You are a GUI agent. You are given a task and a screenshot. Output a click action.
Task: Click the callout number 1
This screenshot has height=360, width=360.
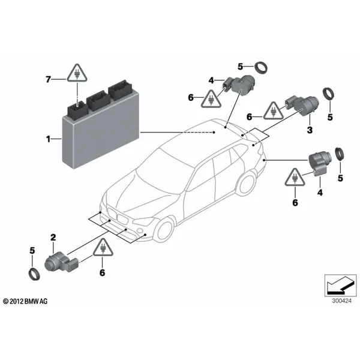click(x=48, y=139)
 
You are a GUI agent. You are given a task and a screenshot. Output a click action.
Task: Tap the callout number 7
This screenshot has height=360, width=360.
click(x=48, y=79)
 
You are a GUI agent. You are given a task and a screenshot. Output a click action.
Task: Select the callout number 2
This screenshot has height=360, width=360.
click(x=53, y=237)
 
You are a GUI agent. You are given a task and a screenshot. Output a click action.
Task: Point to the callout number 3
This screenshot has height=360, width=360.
click(x=310, y=130)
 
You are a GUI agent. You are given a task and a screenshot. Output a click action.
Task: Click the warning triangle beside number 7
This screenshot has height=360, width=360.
click(x=77, y=73)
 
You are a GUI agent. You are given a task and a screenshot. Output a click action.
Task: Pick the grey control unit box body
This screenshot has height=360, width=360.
click(x=101, y=136)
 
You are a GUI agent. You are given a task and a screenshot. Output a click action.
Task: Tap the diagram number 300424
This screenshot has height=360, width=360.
click(x=341, y=301)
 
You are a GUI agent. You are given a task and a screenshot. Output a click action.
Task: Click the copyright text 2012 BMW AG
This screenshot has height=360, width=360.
click(x=25, y=301)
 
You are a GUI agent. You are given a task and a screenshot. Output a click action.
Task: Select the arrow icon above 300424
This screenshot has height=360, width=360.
click(x=340, y=286)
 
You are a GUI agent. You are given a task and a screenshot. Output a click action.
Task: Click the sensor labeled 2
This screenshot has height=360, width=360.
click(x=62, y=263)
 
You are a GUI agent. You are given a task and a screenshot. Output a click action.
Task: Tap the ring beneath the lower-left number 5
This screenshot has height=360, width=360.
click(x=34, y=274)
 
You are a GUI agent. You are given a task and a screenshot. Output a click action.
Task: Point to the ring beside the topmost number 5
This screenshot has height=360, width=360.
click(x=261, y=68)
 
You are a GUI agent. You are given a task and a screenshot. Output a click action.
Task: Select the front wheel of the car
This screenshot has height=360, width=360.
click(x=165, y=230)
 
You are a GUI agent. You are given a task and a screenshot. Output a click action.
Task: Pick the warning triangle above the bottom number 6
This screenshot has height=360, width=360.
click(x=103, y=247)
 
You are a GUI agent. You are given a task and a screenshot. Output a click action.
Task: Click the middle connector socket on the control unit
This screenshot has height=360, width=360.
click(x=98, y=101)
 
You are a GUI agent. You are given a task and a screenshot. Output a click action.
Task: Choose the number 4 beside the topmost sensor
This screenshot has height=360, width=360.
click(x=211, y=80)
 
